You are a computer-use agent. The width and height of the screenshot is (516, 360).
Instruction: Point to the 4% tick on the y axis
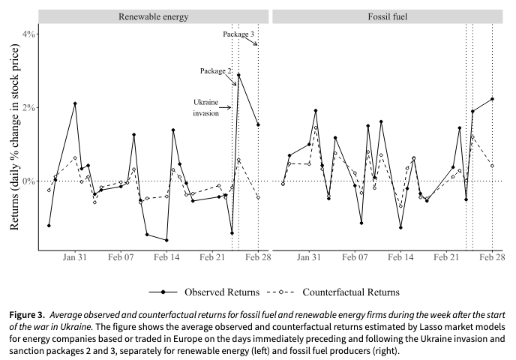click(x=28, y=34)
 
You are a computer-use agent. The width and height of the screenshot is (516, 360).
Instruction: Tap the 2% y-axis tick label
click(x=28, y=108)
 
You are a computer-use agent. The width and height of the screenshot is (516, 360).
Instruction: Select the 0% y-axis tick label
click(x=28, y=181)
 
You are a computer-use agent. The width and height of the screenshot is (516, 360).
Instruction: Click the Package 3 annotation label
click(x=241, y=34)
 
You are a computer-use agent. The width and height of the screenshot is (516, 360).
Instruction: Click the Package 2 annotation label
click(x=217, y=70)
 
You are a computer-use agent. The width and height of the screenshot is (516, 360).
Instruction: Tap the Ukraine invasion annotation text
click(x=205, y=107)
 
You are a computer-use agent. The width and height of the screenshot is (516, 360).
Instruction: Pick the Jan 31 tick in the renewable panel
click(x=75, y=256)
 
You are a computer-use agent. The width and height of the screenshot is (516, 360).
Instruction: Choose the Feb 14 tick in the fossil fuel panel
click(x=400, y=256)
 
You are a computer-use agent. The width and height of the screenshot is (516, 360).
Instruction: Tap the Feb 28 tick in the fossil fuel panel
click(x=492, y=256)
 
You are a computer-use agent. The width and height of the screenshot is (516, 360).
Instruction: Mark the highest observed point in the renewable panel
click(x=238, y=75)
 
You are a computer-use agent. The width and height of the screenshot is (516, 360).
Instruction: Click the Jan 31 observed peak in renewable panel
click(x=75, y=103)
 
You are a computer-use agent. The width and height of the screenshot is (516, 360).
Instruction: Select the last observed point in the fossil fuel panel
click(x=492, y=99)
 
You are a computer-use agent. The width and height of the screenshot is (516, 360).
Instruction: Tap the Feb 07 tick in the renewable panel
click(x=121, y=256)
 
